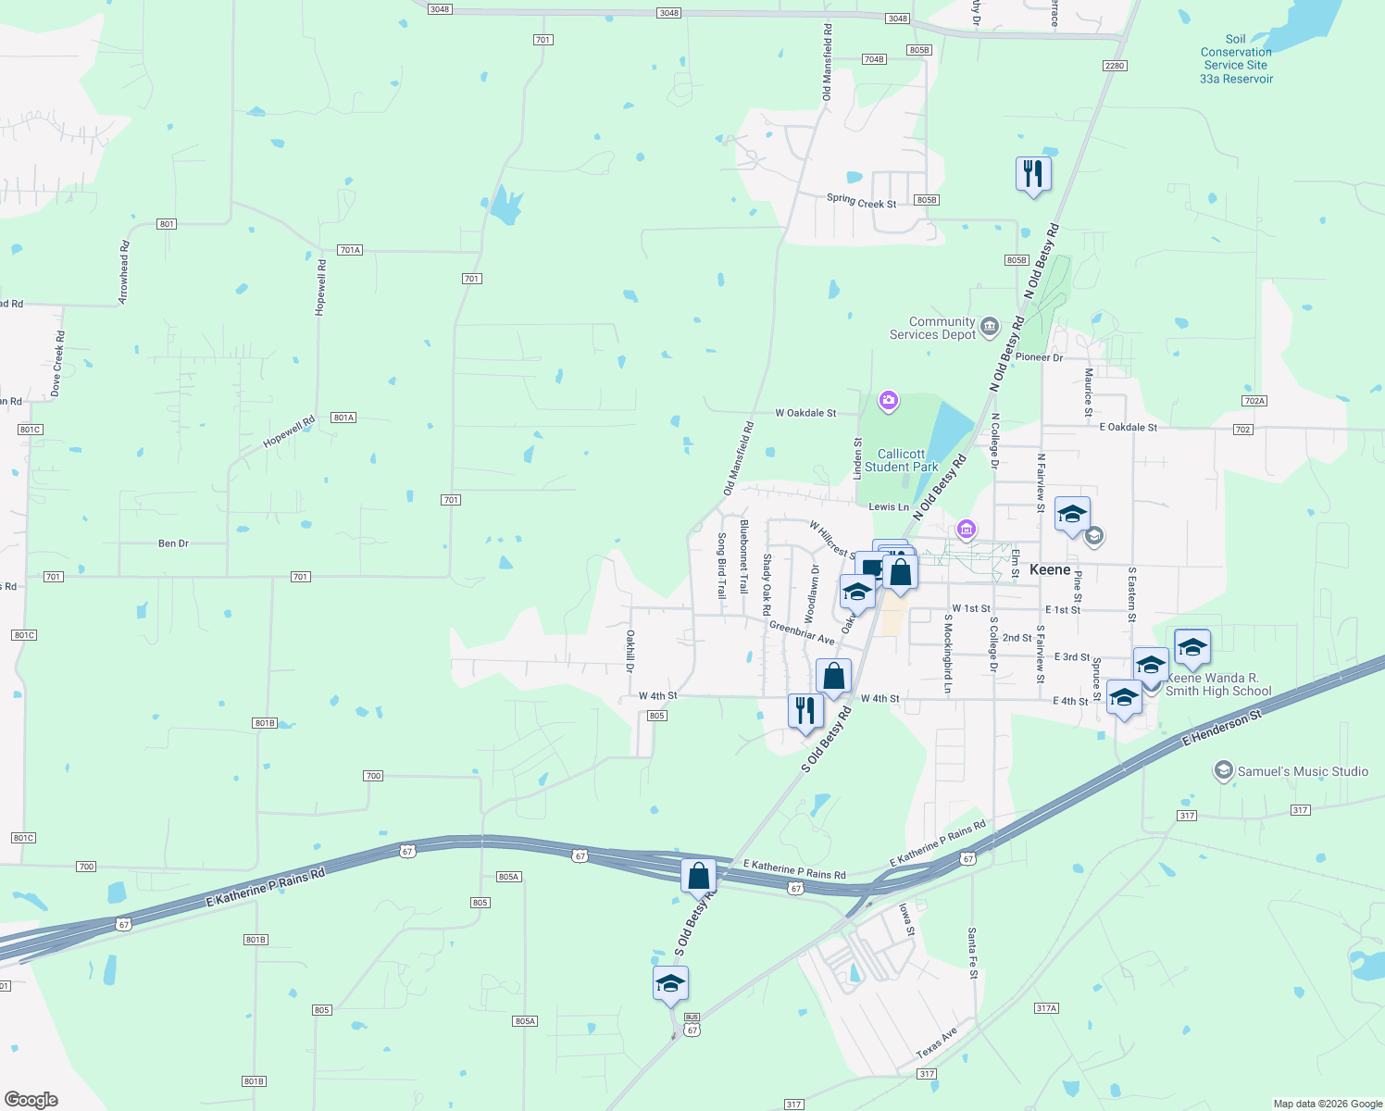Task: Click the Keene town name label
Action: click(x=1050, y=569)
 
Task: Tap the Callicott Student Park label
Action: click(x=901, y=460)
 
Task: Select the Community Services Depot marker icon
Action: click(x=990, y=326)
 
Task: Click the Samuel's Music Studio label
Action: click(x=1302, y=771)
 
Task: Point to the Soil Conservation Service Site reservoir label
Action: click(x=1236, y=59)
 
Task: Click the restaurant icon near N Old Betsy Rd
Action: click(x=1033, y=174)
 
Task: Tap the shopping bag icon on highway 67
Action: click(x=699, y=876)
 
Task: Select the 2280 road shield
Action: click(x=1114, y=66)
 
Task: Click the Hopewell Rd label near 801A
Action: click(x=289, y=431)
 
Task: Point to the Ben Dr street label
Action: click(x=173, y=543)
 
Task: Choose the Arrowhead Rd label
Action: click(x=124, y=272)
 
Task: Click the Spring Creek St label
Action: click(x=861, y=201)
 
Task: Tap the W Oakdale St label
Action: click(x=805, y=413)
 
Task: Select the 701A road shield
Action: click(x=350, y=250)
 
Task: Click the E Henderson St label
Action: click(x=1222, y=729)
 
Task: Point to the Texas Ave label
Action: click(x=937, y=1043)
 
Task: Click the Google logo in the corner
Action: click(x=31, y=1099)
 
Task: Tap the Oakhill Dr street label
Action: click(x=630, y=651)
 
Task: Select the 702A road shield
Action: click(x=1254, y=401)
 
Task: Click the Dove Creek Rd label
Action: click(x=57, y=364)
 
